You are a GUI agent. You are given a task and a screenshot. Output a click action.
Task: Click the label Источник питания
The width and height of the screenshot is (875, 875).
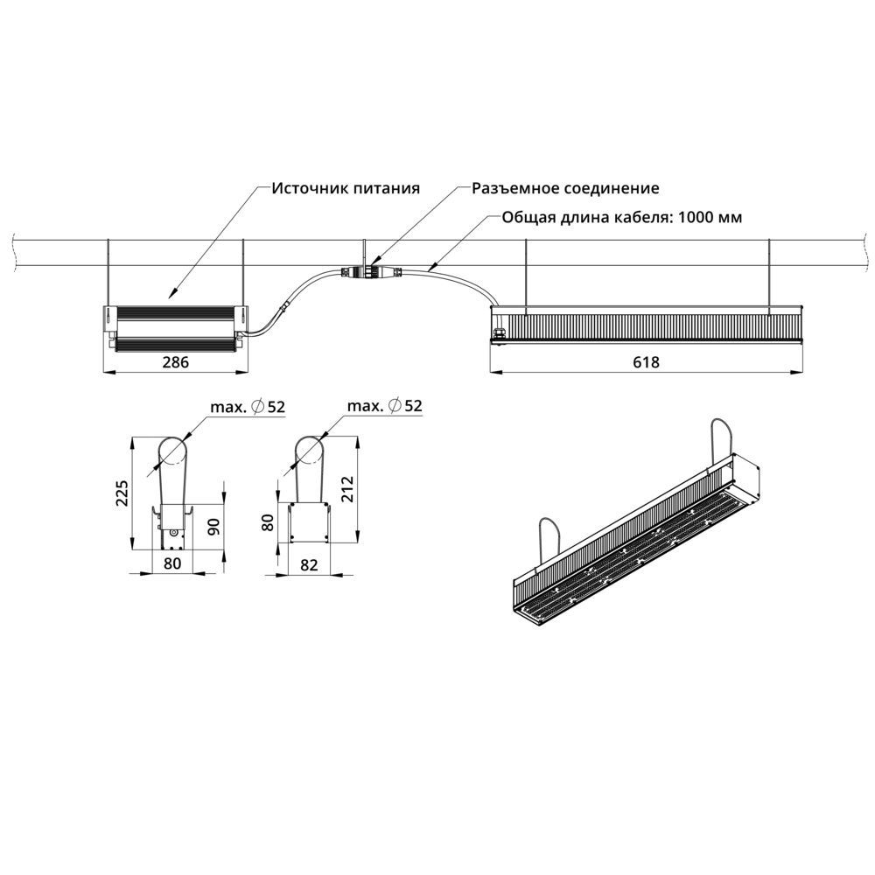(346, 188)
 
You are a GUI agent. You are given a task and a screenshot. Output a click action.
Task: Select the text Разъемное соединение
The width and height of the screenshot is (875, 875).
(565, 188)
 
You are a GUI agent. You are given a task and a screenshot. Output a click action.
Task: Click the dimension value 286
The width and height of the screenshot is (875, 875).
(177, 361)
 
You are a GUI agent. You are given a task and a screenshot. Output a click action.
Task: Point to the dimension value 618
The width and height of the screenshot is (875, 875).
(646, 361)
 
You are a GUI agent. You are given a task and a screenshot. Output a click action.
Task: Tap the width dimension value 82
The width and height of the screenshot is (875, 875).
(308, 564)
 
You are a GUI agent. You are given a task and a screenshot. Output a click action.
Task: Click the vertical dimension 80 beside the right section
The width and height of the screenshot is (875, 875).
(269, 522)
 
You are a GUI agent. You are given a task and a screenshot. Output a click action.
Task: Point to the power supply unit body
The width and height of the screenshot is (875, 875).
(175, 325)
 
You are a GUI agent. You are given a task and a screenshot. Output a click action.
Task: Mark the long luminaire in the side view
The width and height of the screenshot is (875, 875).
(646, 325)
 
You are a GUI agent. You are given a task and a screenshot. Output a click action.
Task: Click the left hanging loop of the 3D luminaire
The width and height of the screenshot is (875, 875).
(547, 541)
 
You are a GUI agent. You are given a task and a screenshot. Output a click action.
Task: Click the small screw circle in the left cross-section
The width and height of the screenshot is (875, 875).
(173, 533)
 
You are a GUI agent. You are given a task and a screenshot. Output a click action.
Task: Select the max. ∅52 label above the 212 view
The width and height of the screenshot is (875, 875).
(384, 406)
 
